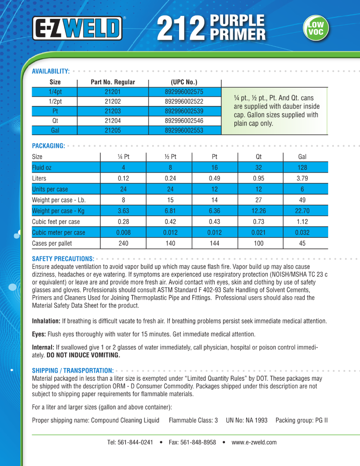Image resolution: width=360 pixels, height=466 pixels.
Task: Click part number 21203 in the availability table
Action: tap(113, 111)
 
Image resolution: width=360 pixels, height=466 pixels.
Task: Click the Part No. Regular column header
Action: tap(113, 82)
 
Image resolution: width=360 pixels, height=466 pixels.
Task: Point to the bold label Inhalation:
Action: tap(45, 322)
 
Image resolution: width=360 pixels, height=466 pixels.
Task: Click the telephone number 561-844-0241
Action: tap(137, 442)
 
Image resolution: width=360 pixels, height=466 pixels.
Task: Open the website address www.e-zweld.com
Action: tap(254, 442)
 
